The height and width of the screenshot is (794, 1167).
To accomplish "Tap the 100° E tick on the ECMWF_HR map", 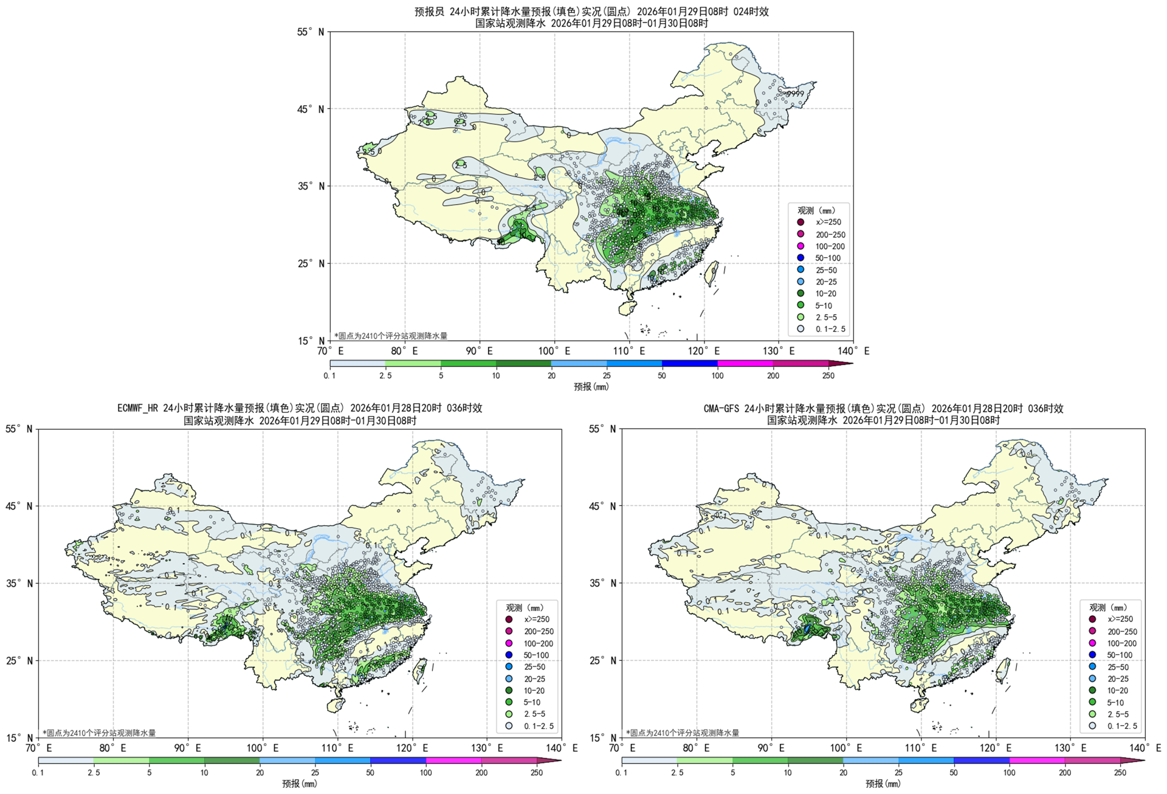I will point(263,748).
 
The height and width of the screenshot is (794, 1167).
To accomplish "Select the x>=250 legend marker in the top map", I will point(800,222).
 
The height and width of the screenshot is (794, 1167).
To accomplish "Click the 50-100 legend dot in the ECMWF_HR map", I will point(509,655).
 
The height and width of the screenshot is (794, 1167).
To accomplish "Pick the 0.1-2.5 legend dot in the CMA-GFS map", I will point(1092,725).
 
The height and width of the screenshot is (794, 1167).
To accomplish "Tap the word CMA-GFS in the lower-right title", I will point(721,408).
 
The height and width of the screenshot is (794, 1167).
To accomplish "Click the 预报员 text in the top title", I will point(429,12).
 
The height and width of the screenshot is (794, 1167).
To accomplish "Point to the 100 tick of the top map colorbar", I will point(717,376).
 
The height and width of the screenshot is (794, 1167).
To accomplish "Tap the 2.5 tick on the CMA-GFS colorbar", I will point(677,773).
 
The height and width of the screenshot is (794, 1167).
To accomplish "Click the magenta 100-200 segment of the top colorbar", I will point(745,364).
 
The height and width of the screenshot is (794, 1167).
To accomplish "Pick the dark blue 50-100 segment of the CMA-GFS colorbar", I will point(981,761).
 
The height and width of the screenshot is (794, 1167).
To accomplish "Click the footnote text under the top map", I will point(391,336).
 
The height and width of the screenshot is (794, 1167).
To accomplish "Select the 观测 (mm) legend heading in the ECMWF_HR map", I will point(525,607).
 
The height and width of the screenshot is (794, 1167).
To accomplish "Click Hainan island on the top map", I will point(627,308).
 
